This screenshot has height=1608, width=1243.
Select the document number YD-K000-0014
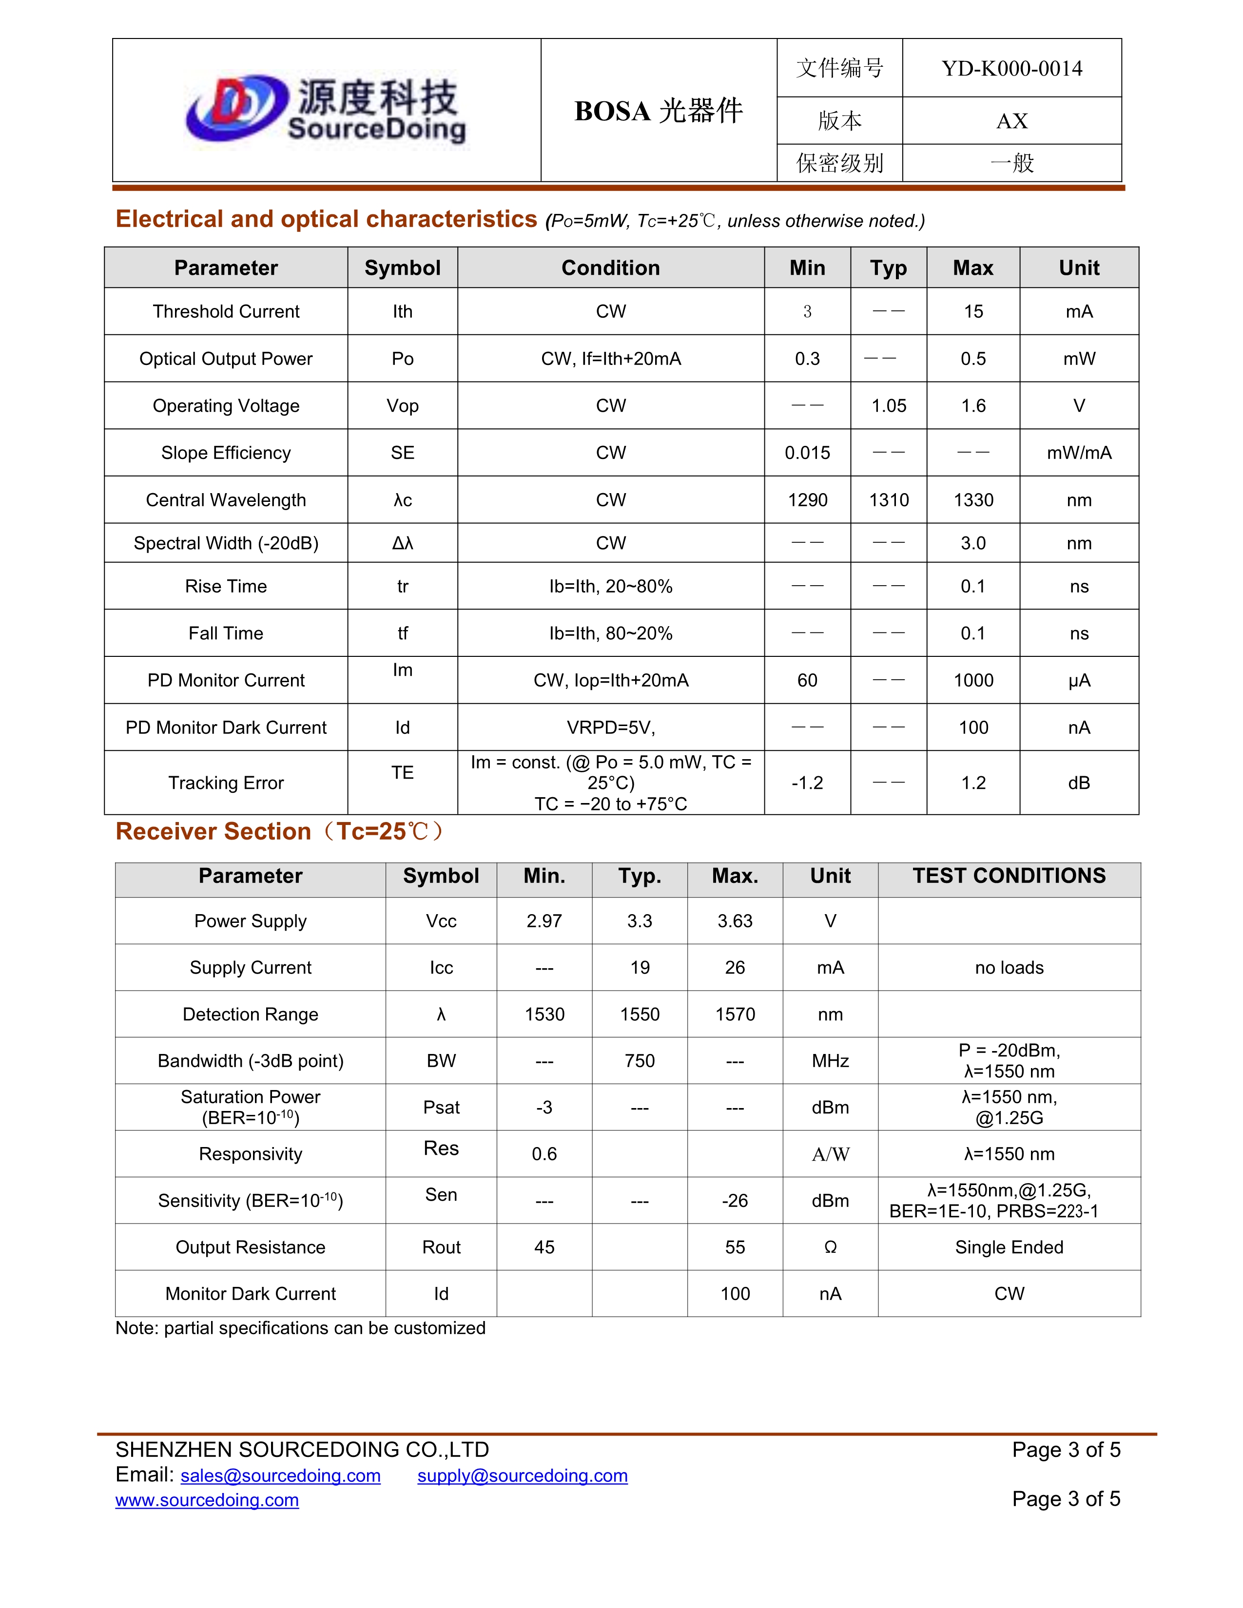[1012, 69]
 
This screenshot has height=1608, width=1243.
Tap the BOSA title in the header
[659, 111]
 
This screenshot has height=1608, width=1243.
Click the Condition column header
[610, 268]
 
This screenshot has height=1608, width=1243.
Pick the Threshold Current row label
[226, 311]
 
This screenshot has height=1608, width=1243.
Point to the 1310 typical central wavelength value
[889, 500]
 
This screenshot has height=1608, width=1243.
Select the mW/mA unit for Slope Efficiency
[1079, 453]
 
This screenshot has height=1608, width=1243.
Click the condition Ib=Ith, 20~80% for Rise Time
[610, 586]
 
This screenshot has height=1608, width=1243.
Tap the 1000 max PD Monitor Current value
[973, 680]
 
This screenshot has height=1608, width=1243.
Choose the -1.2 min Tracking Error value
[807, 783]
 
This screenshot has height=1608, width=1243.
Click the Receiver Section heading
[280, 831]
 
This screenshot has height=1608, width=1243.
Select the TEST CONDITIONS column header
[1009, 876]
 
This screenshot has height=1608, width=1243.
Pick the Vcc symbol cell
[441, 921]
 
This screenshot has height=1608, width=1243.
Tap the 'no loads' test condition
[1009, 967]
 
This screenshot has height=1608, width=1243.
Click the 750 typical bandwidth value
[639, 1061]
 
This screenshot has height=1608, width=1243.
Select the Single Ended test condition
[1009, 1247]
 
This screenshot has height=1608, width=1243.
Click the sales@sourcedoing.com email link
[281, 1475]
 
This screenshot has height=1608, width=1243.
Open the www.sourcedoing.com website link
[207, 1500]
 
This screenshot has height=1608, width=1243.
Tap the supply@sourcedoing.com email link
[522, 1475]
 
